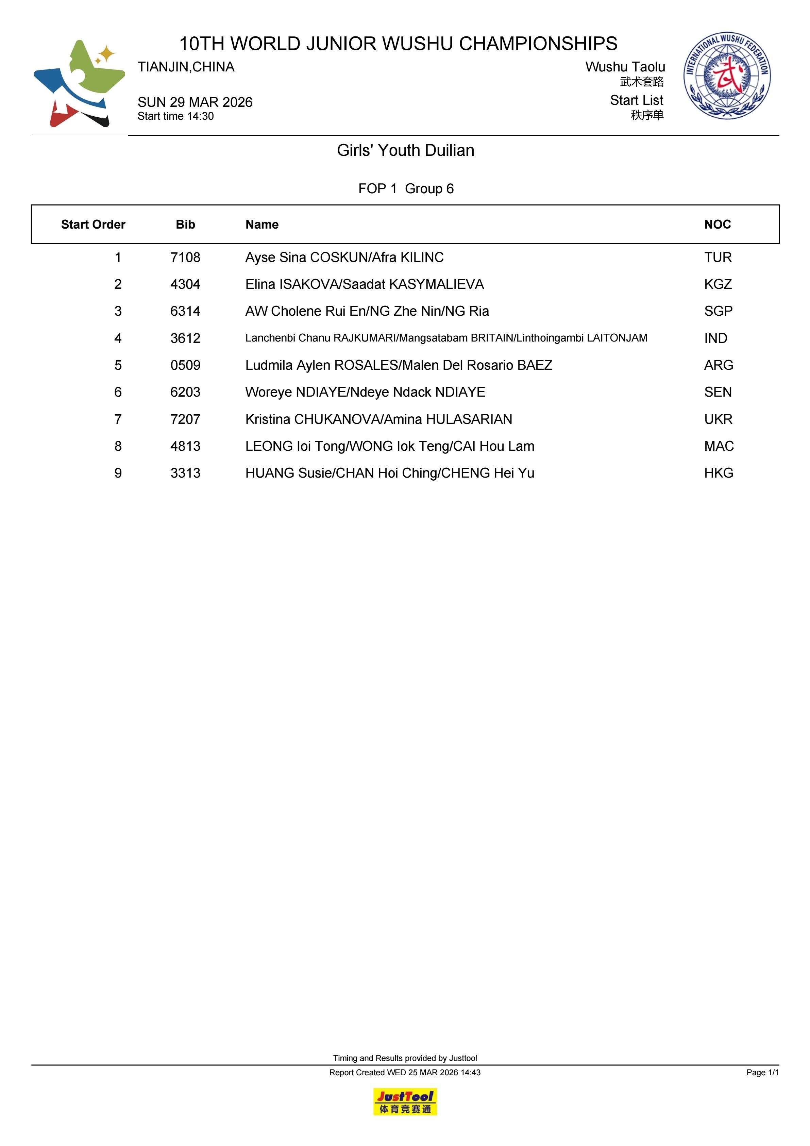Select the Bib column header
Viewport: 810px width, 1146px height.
(x=185, y=225)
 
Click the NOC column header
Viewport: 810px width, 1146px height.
(x=717, y=225)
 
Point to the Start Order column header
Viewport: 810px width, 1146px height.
(x=93, y=225)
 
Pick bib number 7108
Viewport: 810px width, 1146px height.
(x=185, y=258)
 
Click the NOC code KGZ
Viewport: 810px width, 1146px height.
(x=718, y=284)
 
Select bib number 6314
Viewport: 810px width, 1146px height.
(x=185, y=312)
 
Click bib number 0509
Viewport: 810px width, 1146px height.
(x=185, y=365)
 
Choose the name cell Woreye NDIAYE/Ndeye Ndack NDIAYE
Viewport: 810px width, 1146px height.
(x=365, y=392)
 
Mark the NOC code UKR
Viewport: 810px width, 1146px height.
(x=718, y=419)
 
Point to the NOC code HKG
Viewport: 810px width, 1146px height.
(x=719, y=473)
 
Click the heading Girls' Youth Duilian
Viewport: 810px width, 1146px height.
(x=405, y=150)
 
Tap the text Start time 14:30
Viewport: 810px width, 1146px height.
(x=176, y=116)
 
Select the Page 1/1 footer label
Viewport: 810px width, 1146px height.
(x=762, y=1072)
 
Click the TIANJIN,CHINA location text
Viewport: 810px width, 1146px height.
(x=186, y=67)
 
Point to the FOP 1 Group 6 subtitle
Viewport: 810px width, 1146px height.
(x=406, y=189)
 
